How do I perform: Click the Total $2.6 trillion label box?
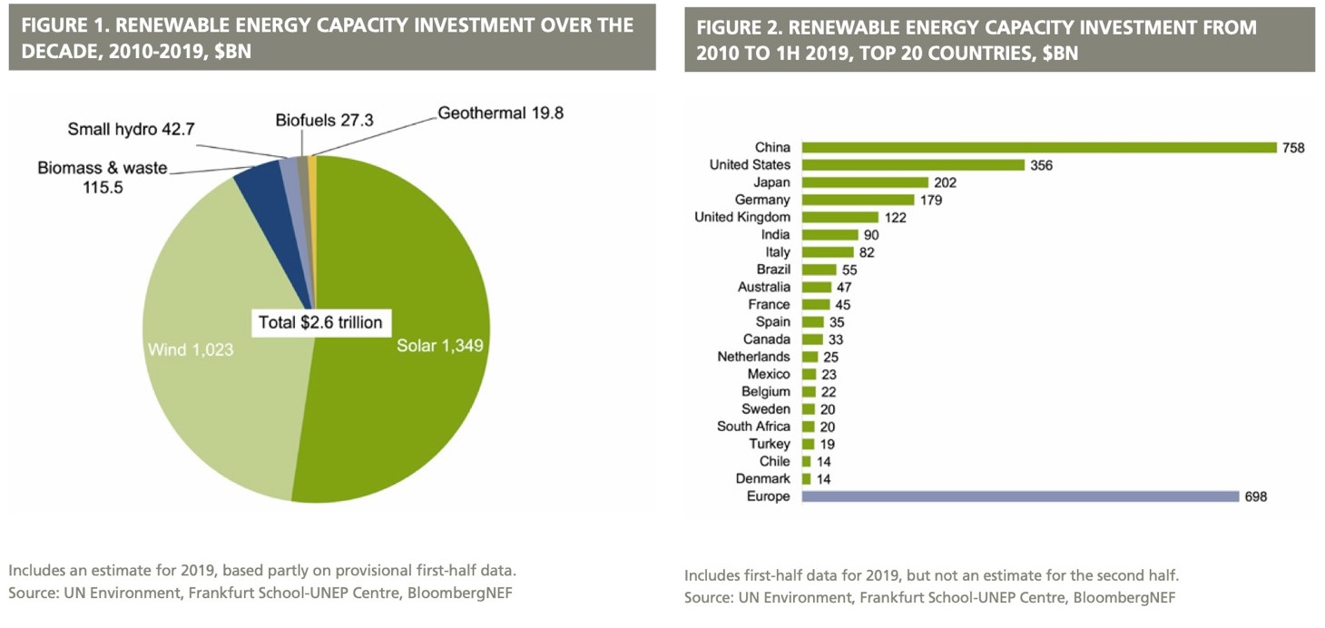coord(320,322)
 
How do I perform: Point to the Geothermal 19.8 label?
coord(502,113)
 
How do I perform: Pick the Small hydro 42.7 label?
coord(131,129)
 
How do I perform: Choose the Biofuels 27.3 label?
coord(325,120)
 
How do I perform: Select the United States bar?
coord(913,165)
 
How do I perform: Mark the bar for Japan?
coord(865,182)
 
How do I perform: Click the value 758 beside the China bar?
coord(1293,148)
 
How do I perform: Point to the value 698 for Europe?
coord(1256,496)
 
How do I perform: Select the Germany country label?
coord(763,200)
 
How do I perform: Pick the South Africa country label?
coord(753,427)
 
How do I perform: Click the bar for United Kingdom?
coord(840,217)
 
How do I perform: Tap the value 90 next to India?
coord(871,235)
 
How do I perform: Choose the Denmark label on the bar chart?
coord(763,478)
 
